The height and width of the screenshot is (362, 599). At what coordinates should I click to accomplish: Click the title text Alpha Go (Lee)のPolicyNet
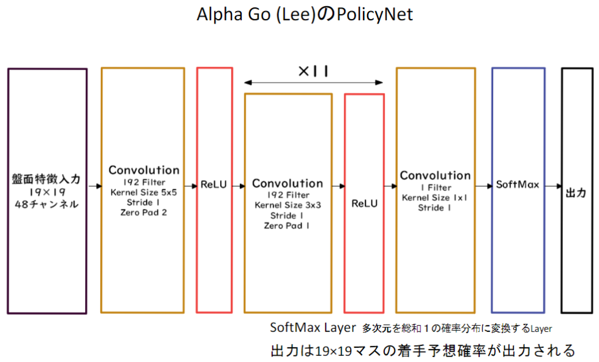(x=304, y=15)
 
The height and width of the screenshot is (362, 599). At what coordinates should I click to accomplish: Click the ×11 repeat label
(x=313, y=71)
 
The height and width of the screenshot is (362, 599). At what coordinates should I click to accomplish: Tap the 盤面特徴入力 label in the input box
(x=47, y=180)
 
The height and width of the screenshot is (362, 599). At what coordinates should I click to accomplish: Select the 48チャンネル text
(x=47, y=205)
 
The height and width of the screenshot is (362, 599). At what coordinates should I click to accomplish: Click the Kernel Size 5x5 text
(x=143, y=192)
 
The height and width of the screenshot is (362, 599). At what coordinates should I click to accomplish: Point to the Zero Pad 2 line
(x=143, y=212)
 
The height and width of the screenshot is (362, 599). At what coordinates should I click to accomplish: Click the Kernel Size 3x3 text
(x=287, y=205)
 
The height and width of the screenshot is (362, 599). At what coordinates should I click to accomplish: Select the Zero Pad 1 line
(x=287, y=225)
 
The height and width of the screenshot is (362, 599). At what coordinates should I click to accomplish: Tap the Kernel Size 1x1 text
(x=435, y=198)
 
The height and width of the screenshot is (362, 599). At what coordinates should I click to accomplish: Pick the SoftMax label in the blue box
(x=518, y=184)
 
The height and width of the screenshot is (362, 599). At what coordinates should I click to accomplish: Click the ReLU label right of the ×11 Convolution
(x=365, y=203)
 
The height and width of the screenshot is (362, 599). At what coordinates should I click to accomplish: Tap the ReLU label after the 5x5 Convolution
(x=214, y=184)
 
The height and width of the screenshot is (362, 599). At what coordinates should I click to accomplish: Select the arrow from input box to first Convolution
(x=94, y=184)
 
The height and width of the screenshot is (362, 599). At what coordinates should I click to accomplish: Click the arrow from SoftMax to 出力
(x=553, y=184)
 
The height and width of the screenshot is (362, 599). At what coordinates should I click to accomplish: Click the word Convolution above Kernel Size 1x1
(x=435, y=176)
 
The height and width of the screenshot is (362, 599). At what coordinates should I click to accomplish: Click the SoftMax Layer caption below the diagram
(x=313, y=328)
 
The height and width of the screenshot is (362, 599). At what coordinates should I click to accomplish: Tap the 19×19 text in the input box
(x=47, y=192)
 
